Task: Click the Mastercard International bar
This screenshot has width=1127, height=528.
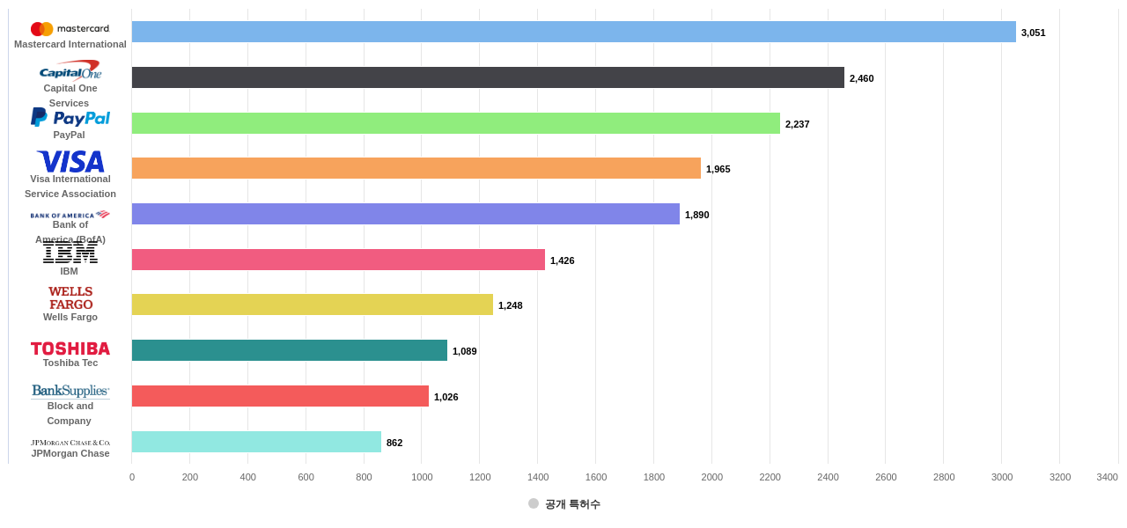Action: click(x=573, y=32)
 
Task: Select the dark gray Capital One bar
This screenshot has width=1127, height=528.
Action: click(x=488, y=77)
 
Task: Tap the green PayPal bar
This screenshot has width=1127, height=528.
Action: click(x=455, y=123)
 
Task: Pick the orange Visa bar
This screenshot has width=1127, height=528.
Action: click(x=416, y=168)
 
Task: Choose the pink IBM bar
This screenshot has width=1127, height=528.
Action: click(x=338, y=260)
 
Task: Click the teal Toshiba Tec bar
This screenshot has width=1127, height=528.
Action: click(x=289, y=350)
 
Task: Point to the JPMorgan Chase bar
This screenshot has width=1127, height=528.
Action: click(x=256, y=442)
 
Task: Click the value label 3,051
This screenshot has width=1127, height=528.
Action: click(x=1033, y=33)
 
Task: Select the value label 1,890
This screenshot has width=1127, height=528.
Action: click(x=696, y=215)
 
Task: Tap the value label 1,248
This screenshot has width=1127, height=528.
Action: click(x=510, y=305)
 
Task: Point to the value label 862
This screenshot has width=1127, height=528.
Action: click(x=394, y=443)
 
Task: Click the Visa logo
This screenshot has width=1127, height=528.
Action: click(x=70, y=162)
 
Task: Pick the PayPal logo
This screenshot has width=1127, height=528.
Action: click(x=70, y=117)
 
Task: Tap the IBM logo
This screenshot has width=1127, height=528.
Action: click(x=70, y=253)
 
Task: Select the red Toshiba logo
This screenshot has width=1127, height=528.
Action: click(x=70, y=348)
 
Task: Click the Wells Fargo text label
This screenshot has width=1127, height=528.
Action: click(x=70, y=317)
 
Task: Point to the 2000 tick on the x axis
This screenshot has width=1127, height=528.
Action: click(x=711, y=477)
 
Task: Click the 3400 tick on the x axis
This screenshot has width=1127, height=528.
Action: click(x=1107, y=477)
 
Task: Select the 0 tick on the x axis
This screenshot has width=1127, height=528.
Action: click(x=132, y=477)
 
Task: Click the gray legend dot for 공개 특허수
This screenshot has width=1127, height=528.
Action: click(x=534, y=503)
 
